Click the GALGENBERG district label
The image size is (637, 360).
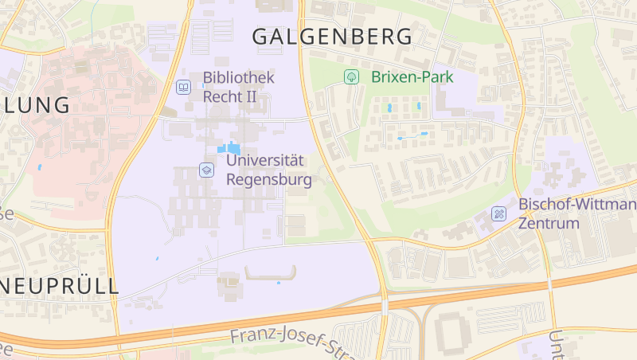point(332,37)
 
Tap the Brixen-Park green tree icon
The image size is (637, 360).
point(350,77)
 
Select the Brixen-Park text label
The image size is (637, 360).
point(412,77)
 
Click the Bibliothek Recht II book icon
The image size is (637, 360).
point(183,86)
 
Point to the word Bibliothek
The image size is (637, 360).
point(238,78)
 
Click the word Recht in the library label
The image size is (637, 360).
point(223,96)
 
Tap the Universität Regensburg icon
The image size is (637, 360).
point(206,170)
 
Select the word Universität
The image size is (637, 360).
point(266,160)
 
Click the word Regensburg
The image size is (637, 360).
point(269,179)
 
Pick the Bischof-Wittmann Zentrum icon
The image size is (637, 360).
point(498,213)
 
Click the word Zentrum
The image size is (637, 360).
point(548,223)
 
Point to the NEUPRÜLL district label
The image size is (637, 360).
point(60,287)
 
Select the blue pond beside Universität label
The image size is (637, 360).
point(229,148)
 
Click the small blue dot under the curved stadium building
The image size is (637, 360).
point(278,283)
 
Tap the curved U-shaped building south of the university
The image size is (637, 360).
point(271,273)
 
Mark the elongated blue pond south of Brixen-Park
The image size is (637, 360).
point(412,136)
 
